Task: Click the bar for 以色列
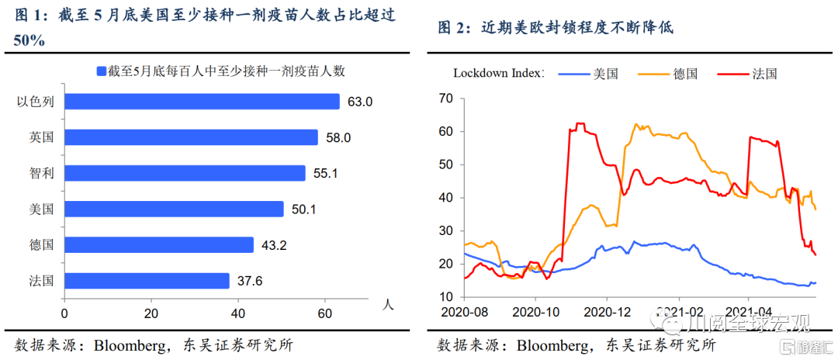click(202, 102)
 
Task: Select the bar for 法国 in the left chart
click(147, 280)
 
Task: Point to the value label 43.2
click(273, 244)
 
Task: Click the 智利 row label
click(41, 173)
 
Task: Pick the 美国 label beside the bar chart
click(41, 209)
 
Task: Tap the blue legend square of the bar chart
click(101, 71)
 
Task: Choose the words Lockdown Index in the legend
click(497, 74)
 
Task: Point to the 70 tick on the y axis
click(445, 98)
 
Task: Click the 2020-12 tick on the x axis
click(608, 313)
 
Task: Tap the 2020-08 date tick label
click(464, 313)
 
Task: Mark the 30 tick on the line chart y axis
click(445, 230)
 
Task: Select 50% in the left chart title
click(29, 40)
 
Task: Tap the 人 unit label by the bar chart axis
click(388, 304)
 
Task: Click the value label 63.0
click(360, 102)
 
